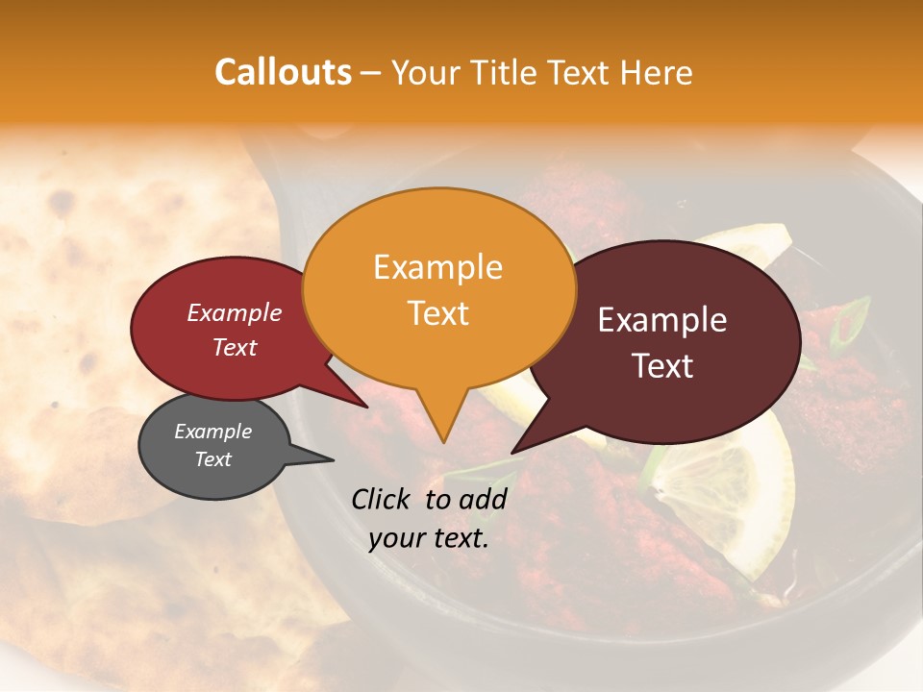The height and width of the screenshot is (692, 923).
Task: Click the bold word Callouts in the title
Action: click(x=283, y=72)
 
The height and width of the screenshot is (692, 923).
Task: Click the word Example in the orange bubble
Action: click(x=437, y=267)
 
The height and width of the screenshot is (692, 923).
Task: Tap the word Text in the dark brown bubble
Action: click(x=662, y=366)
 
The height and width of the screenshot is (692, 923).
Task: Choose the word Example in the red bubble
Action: click(x=234, y=312)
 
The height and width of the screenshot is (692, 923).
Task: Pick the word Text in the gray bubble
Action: click(x=213, y=459)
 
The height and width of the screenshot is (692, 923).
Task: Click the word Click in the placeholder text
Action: click(x=383, y=499)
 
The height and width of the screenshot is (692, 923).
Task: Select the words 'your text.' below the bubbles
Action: click(x=429, y=539)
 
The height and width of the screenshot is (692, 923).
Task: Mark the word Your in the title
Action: click(x=424, y=72)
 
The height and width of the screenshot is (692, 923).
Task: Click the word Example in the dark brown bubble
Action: click(x=662, y=320)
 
